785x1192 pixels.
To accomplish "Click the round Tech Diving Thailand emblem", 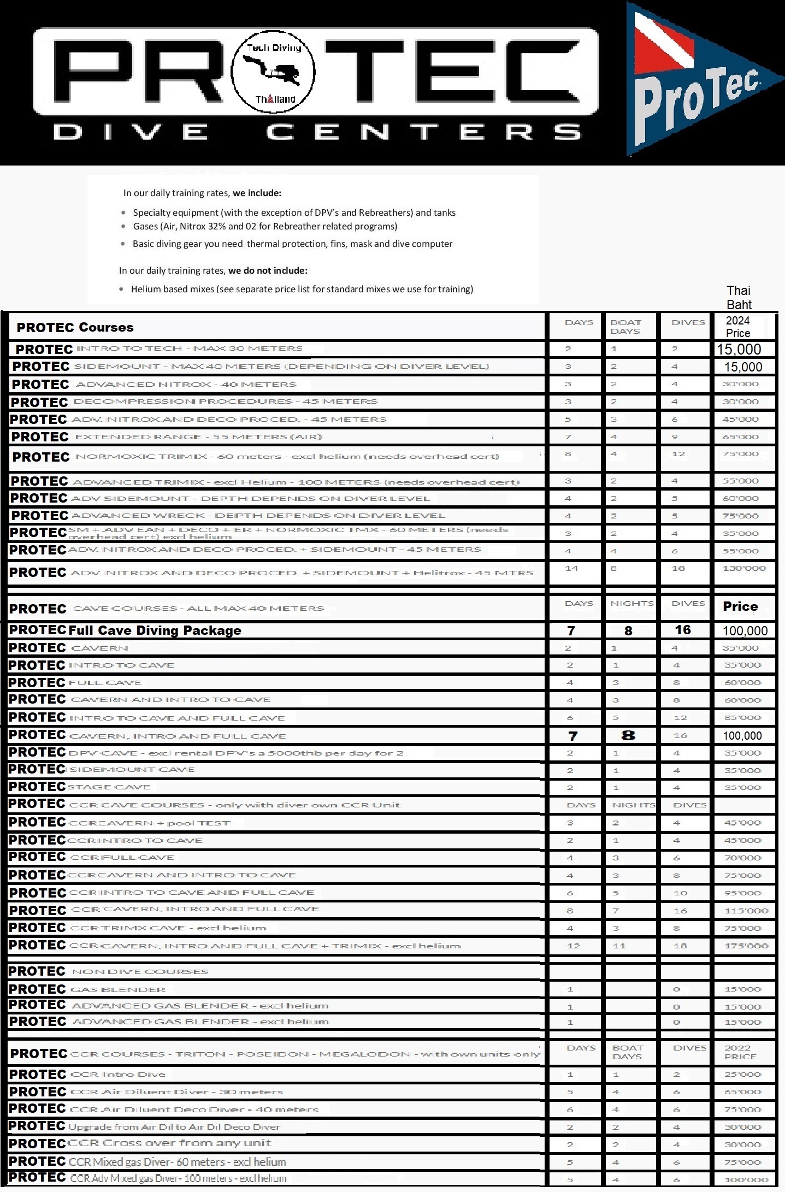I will pyautogui.click(x=273, y=72).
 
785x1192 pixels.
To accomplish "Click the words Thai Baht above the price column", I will pyautogui.click(x=739, y=298).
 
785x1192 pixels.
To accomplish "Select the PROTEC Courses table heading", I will pyautogui.click(x=75, y=327).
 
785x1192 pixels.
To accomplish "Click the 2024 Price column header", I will pyautogui.click(x=737, y=327).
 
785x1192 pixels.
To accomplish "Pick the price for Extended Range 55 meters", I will pyautogui.click(x=740, y=437).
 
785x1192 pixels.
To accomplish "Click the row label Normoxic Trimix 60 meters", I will pyautogui.click(x=286, y=457).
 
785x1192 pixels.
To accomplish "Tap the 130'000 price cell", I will pyautogui.click(x=743, y=569).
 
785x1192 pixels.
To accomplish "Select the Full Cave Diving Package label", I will pyautogui.click(x=155, y=630).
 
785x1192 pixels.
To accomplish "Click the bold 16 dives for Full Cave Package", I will pyautogui.click(x=682, y=630).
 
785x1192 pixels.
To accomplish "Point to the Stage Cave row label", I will pyautogui.click(x=109, y=787).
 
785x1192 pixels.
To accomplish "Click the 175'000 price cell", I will pyautogui.click(x=746, y=946).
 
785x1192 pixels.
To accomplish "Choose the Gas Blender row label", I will pyautogui.click(x=118, y=989).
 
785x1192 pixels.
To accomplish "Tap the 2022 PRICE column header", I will pyautogui.click(x=740, y=1052).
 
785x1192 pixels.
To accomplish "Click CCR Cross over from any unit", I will pyautogui.click(x=170, y=1143).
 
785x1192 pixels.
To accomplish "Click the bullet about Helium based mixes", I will pyautogui.click(x=302, y=289).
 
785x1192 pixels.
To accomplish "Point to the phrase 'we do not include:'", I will pyautogui.click(x=268, y=270).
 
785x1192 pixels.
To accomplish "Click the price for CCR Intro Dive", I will pyautogui.click(x=742, y=1075).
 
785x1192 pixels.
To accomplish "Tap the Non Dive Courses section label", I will pyautogui.click(x=140, y=972).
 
